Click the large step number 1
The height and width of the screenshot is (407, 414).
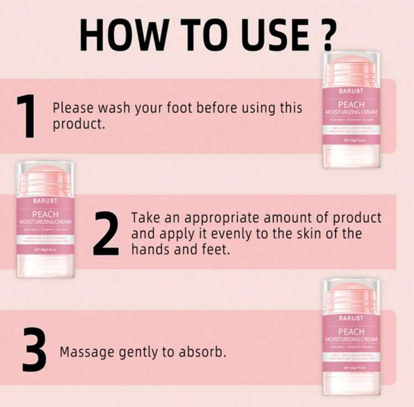pyautogui.click(x=26, y=117)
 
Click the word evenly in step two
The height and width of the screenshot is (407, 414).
pyautogui.click(x=228, y=234)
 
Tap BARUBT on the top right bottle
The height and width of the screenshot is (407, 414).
pyautogui.click(x=351, y=91)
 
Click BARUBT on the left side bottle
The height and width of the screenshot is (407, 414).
pyautogui.click(x=45, y=201)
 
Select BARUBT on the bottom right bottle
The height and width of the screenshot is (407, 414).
pyautogui.click(x=351, y=318)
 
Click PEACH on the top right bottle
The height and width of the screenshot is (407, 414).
pyautogui.click(x=351, y=104)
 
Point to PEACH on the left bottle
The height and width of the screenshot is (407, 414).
pyautogui.click(x=45, y=214)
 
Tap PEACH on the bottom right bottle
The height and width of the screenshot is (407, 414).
pyautogui.click(x=351, y=331)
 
